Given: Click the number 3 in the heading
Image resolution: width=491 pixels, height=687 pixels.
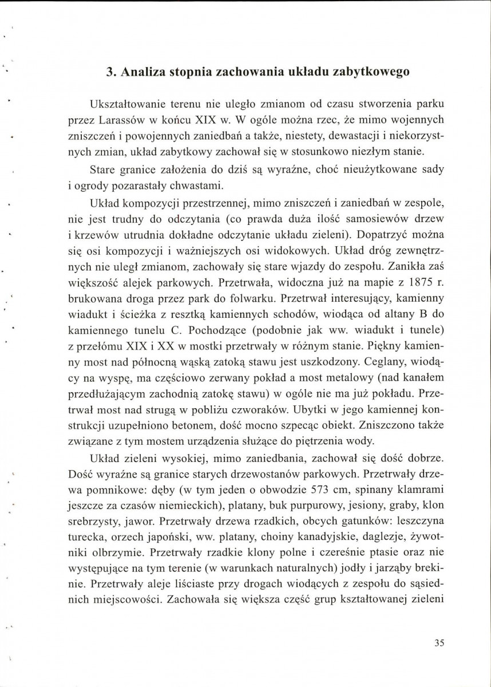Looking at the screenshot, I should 110,73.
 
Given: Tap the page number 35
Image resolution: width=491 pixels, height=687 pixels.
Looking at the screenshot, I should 439,642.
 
